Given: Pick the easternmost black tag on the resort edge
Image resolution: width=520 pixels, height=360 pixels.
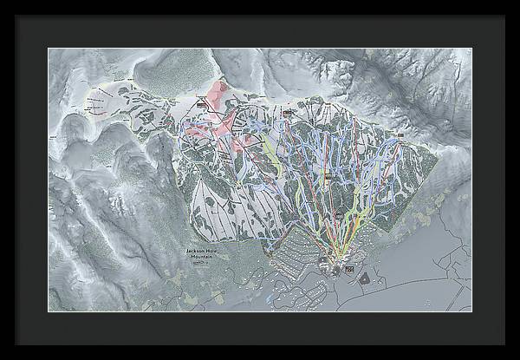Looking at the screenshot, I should [400, 135].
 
